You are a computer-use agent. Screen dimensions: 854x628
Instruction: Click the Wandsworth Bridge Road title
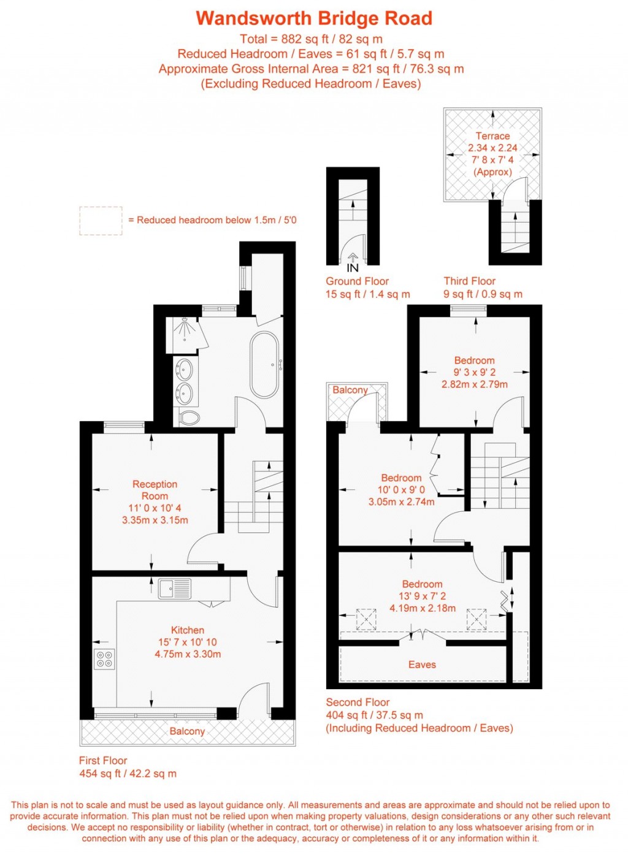(x=314, y=18)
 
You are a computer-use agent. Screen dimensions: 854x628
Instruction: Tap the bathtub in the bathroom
(x=265, y=365)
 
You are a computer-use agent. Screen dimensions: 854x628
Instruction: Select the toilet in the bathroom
(x=190, y=417)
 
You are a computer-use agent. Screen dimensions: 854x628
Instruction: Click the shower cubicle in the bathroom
(x=182, y=335)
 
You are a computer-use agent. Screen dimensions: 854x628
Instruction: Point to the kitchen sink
(x=175, y=589)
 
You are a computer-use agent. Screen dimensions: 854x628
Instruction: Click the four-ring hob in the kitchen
(x=104, y=658)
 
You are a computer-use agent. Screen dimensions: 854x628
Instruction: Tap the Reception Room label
(x=155, y=490)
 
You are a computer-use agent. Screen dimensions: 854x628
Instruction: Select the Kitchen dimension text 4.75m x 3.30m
(x=188, y=654)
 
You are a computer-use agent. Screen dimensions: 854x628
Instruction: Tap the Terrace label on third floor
(x=492, y=136)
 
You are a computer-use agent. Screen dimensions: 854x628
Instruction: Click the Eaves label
(x=422, y=665)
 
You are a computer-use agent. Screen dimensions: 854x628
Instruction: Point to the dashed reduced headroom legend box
(x=101, y=221)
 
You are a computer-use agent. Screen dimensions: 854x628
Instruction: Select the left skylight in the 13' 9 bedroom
(x=366, y=619)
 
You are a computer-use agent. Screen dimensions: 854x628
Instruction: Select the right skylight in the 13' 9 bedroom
(x=477, y=619)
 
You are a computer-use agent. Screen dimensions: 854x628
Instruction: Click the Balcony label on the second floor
(x=350, y=390)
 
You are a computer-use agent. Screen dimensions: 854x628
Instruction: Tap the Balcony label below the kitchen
(x=187, y=731)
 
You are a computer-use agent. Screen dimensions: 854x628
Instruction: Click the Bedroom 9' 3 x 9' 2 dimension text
(x=474, y=372)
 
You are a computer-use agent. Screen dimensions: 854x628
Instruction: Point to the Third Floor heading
(x=469, y=281)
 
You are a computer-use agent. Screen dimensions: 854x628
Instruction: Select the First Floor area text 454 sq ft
(x=128, y=774)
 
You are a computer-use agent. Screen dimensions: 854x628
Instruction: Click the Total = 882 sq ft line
(x=311, y=39)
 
